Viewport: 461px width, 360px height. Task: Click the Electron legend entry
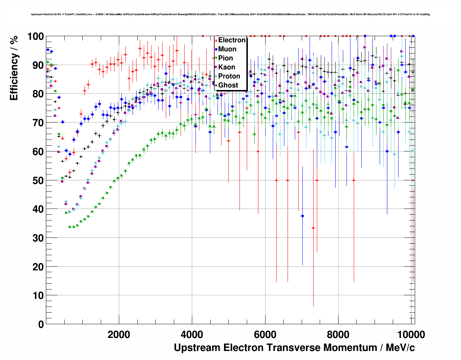tap(232, 40)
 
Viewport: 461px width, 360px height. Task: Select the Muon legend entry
tap(227, 49)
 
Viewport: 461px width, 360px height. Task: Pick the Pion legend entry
tap(225, 58)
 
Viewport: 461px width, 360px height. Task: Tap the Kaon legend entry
tap(227, 67)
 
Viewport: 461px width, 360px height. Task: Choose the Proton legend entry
tap(229, 76)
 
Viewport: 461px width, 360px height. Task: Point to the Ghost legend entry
tap(228, 85)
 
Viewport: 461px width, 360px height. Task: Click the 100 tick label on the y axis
tap(35, 37)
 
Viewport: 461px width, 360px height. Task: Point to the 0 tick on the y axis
tap(41, 324)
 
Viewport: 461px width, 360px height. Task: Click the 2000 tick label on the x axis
tap(119, 334)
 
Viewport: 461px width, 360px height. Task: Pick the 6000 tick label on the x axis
tap(265, 334)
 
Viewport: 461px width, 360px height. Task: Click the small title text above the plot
tap(230, 14)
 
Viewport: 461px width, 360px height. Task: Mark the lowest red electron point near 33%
tap(313, 228)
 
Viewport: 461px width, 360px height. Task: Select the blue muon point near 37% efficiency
tap(302, 216)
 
